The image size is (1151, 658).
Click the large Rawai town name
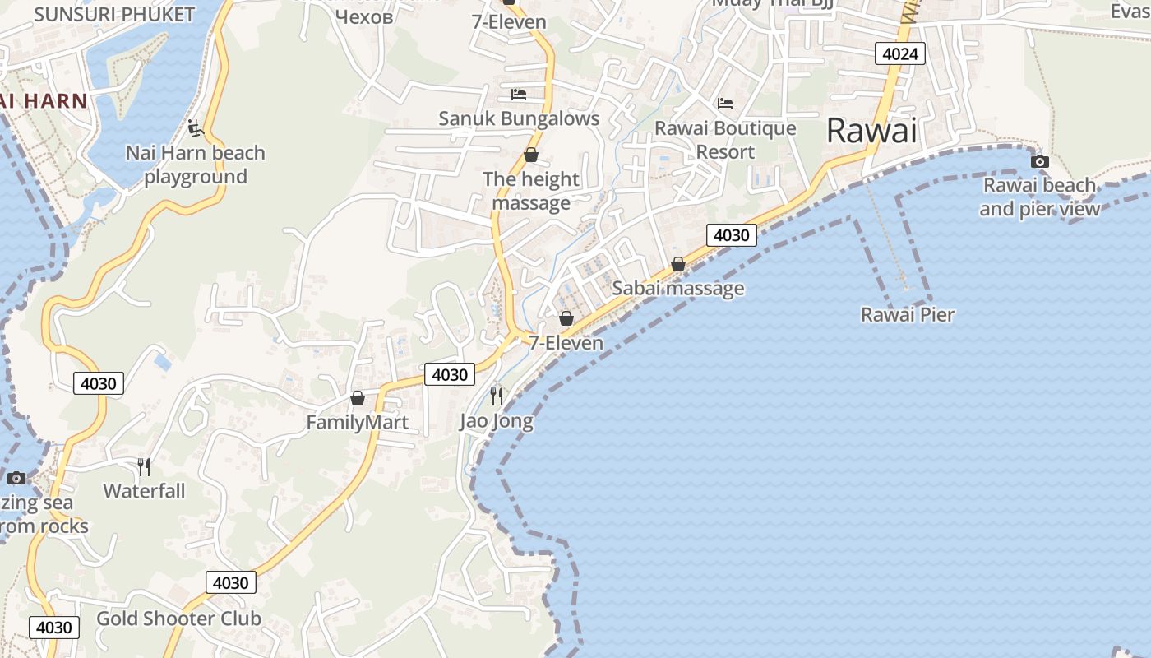(x=871, y=131)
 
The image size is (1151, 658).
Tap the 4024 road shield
(x=900, y=54)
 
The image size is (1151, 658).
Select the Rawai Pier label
(x=908, y=314)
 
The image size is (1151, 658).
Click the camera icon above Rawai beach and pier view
(x=1040, y=161)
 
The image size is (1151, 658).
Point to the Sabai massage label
(x=678, y=288)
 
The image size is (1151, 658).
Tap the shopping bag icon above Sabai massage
(x=678, y=264)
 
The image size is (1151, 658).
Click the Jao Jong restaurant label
(x=496, y=422)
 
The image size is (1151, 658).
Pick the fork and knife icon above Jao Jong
(x=496, y=396)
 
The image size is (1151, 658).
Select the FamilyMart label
(x=358, y=423)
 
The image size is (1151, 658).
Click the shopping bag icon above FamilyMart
(x=358, y=398)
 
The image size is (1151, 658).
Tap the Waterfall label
(x=144, y=491)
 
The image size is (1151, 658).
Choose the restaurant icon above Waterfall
(x=144, y=467)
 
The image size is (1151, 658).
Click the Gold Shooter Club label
(x=179, y=619)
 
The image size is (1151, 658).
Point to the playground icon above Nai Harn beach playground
(x=195, y=128)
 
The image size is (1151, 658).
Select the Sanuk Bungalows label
(x=519, y=118)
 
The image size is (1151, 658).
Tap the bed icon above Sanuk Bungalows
(x=518, y=95)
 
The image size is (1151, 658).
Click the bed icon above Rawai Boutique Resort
(x=725, y=104)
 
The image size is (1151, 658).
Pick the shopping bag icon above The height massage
(x=531, y=155)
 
